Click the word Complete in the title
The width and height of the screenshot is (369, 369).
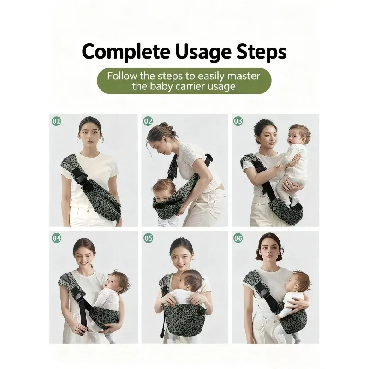[x=126, y=52]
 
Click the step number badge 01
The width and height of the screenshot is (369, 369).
[x=56, y=121]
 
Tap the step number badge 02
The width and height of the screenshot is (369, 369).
[x=148, y=121]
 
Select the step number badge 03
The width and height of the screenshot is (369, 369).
[x=238, y=121]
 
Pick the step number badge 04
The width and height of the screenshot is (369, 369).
[x=56, y=238]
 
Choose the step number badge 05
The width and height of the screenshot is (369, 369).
[x=148, y=238]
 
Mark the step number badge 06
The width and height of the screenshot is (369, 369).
[x=238, y=238]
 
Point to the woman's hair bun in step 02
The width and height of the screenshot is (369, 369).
[x=164, y=126]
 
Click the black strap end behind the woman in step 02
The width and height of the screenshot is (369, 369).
[x=209, y=158]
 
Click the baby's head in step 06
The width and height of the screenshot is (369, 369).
[x=298, y=282]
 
